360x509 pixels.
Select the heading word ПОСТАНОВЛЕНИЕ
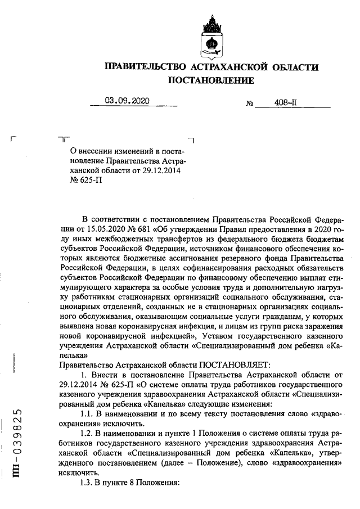tap(211, 80)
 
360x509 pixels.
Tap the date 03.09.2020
tap(127, 101)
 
